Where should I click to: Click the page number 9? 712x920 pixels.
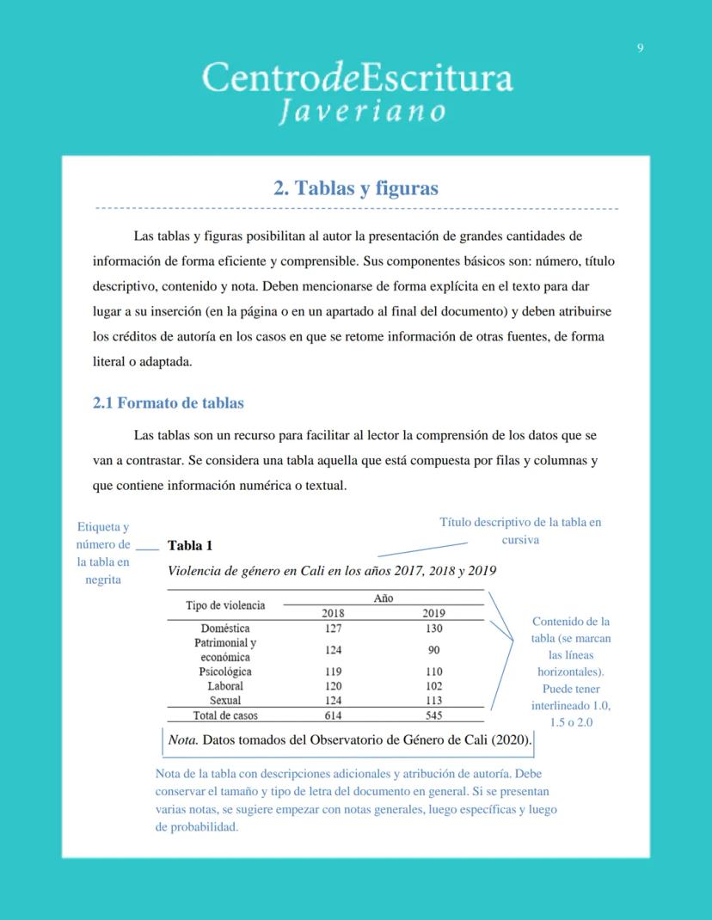640,47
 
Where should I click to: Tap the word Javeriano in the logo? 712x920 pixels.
362,112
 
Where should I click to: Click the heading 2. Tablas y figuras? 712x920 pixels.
355,188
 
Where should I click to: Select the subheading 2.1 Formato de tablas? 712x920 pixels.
169,402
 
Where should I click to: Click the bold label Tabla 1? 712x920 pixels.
190,545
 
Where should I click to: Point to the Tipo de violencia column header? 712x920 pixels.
225,604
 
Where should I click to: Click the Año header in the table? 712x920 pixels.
384,598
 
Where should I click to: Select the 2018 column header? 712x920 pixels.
333,613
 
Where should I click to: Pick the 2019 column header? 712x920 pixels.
433,613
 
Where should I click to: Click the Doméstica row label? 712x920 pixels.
225,629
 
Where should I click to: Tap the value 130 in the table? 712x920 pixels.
433,629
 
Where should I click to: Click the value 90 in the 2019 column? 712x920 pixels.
433,650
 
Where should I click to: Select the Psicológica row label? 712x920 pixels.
225,672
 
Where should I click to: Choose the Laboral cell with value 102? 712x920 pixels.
433,686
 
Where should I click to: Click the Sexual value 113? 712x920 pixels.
433,700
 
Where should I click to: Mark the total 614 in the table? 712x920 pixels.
333,715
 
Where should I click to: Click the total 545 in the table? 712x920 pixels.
433,715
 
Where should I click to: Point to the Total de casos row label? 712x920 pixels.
225,715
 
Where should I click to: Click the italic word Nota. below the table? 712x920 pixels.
184,739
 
